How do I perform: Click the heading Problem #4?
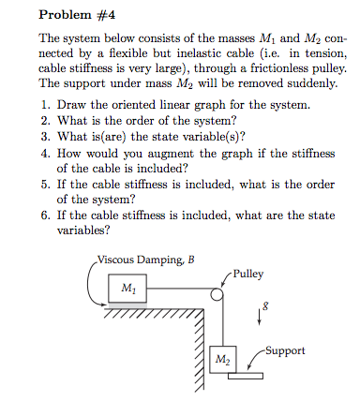(x=76, y=16)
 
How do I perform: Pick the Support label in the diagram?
(x=287, y=351)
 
